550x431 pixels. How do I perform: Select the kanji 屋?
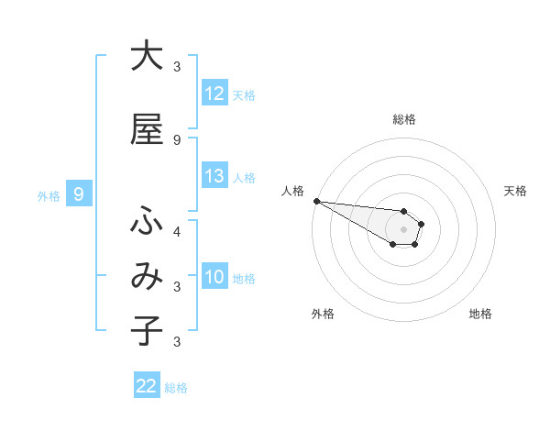click(x=147, y=129)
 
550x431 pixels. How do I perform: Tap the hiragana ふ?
click(x=147, y=222)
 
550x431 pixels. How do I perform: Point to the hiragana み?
click(x=147, y=278)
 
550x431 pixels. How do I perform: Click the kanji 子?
click(x=147, y=331)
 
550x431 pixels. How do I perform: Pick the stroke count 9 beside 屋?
click(x=177, y=140)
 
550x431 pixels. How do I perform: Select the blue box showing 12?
click(x=214, y=94)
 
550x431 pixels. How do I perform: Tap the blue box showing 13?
click(x=214, y=177)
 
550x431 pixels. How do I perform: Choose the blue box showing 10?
click(x=214, y=278)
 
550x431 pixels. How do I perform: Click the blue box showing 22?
click(x=147, y=386)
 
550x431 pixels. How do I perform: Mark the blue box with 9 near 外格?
click(x=79, y=194)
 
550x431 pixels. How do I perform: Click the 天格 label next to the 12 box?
click(x=244, y=94)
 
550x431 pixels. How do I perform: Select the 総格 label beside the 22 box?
click(x=176, y=388)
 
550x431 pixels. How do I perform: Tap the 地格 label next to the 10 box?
click(x=244, y=279)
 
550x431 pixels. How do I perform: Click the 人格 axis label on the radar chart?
click(x=292, y=191)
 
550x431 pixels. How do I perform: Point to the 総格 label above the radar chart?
click(x=403, y=119)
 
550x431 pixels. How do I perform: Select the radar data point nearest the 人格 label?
click(x=316, y=201)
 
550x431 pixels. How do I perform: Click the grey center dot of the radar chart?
click(x=403, y=228)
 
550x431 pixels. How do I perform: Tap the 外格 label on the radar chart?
click(x=323, y=315)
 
